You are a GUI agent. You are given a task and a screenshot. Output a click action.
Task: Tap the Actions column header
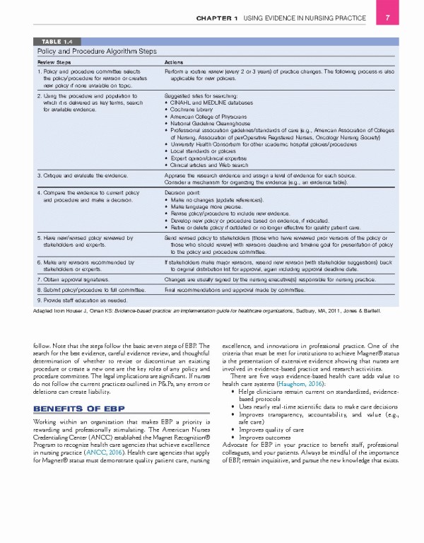tap(174, 62)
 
